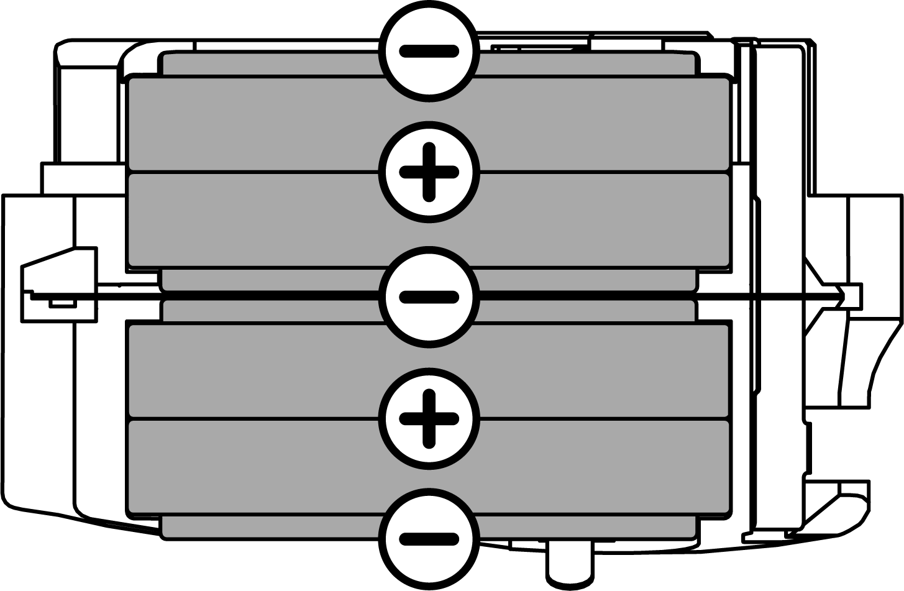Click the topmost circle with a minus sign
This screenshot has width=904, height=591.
point(429,51)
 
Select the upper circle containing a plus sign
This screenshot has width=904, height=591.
point(429,172)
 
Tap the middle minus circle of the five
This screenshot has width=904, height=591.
point(429,297)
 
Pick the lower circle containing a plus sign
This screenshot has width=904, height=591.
point(429,418)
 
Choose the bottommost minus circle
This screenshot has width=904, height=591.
point(429,539)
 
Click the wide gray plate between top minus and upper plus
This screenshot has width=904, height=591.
point(249,123)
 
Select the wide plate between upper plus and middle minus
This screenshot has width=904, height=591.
point(249,219)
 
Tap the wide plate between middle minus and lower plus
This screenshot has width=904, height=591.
point(249,370)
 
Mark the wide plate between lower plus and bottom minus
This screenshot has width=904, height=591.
point(249,466)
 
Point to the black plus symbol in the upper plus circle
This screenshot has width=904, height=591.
point(429,172)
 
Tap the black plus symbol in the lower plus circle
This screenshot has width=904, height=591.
point(429,418)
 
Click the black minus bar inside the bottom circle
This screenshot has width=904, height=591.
point(429,539)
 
